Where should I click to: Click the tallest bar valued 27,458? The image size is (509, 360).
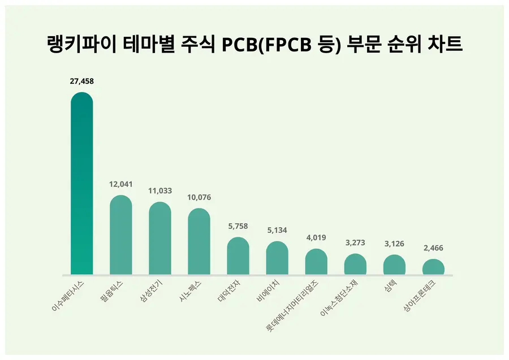(81, 184)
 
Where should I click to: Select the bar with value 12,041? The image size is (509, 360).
(120, 235)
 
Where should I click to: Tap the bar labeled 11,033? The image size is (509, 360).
(160, 238)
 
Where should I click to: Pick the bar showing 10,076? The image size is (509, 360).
(199, 241)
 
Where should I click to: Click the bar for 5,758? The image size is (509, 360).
(238, 256)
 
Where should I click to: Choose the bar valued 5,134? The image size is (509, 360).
(277, 258)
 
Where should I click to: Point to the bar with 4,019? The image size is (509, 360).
(316, 262)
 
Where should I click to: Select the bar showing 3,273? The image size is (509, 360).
(355, 264)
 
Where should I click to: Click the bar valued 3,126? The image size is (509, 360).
(394, 264)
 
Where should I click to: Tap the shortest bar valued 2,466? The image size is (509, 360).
(433, 267)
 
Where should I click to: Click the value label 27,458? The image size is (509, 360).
(81, 81)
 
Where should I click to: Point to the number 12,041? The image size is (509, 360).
(120, 185)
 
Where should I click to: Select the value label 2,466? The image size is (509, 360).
(433, 248)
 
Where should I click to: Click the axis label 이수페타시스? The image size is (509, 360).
(68, 296)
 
